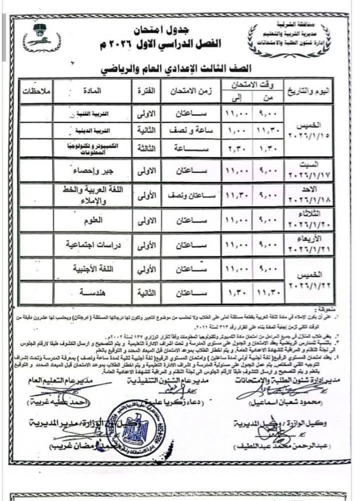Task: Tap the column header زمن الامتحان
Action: click(x=192, y=91)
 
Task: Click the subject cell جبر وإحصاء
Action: click(x=93, y=171)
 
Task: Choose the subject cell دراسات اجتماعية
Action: click(x=93, y=245)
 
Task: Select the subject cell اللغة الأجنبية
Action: click(x=93, y=269)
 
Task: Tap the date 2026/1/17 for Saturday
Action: click(x=309, y=175)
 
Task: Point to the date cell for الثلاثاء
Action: click(x=309, y=220)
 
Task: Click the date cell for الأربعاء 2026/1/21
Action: click(x=309, y=245)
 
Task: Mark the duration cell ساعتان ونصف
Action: click(x=192, y=196)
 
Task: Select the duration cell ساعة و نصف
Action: click(x=192, y=130)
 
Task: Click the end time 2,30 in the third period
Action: click(x=237, y=149)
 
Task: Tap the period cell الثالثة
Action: click(x=146, y=149)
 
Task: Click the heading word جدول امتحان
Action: click(x=161, y=30)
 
